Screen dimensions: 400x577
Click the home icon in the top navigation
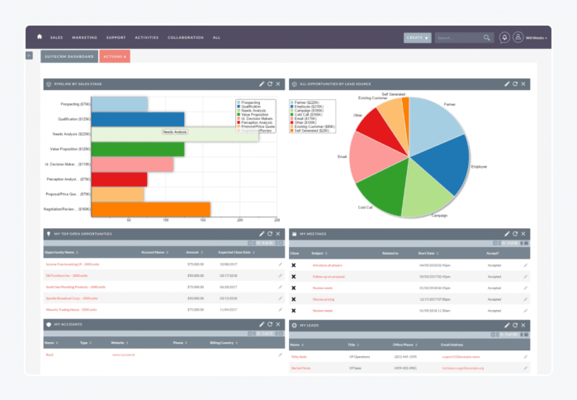tap(39, 37)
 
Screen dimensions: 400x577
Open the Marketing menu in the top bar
tap(84, 37)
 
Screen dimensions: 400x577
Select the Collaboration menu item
tap(185, 37)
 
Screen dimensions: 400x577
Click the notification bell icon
tap(504, 37)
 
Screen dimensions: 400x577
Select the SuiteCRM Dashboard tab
tap(69, 56)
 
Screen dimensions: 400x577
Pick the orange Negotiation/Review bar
tap(149, 209)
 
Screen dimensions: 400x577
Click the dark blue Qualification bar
tap(136, 119)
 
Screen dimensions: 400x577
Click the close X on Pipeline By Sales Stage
tap(278, 84)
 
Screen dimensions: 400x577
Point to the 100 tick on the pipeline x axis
tap(167, 221)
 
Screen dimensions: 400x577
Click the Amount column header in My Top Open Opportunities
tap(192, 252)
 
